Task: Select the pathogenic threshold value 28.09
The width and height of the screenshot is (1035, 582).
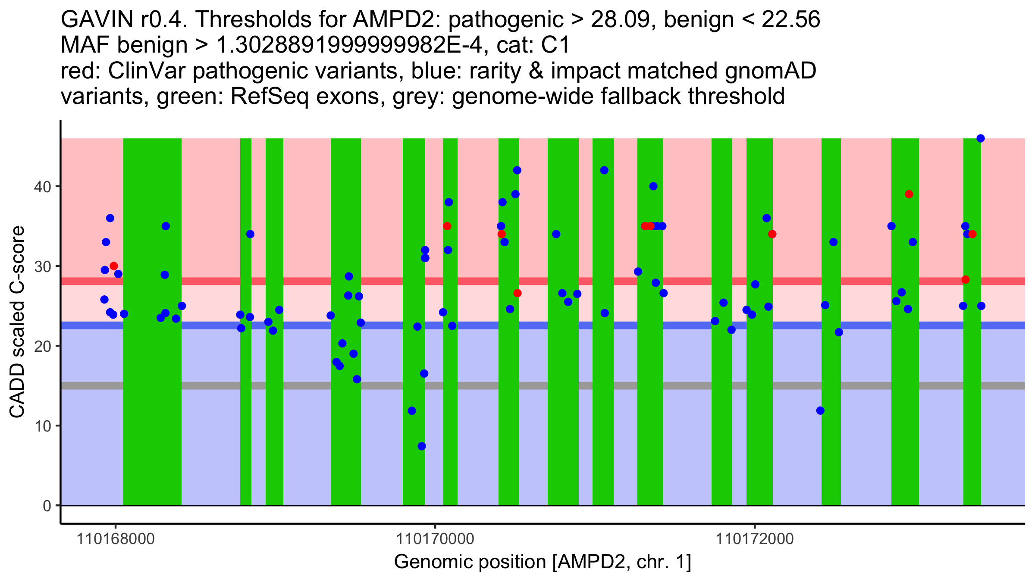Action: pos(623,19)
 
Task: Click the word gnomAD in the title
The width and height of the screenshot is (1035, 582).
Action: pos(770,71)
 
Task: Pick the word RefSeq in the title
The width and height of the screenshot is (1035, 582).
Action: pos(270,97)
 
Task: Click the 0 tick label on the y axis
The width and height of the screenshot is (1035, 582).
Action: pos(47,506)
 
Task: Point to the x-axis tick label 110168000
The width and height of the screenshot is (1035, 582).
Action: pos(115,539)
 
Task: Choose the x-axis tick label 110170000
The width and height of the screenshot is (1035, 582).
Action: pos(435,539)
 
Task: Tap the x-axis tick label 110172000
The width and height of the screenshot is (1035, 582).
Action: pos(755,539)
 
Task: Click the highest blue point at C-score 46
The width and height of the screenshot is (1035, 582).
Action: pos(980,138)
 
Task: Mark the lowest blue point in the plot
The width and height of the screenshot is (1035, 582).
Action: pos(422,446)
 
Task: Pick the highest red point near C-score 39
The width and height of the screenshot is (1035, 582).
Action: pos(909,194)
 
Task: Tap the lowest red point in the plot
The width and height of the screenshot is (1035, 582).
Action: pos(517,293)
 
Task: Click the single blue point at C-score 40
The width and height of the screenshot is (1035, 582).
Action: pos(653,186)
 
